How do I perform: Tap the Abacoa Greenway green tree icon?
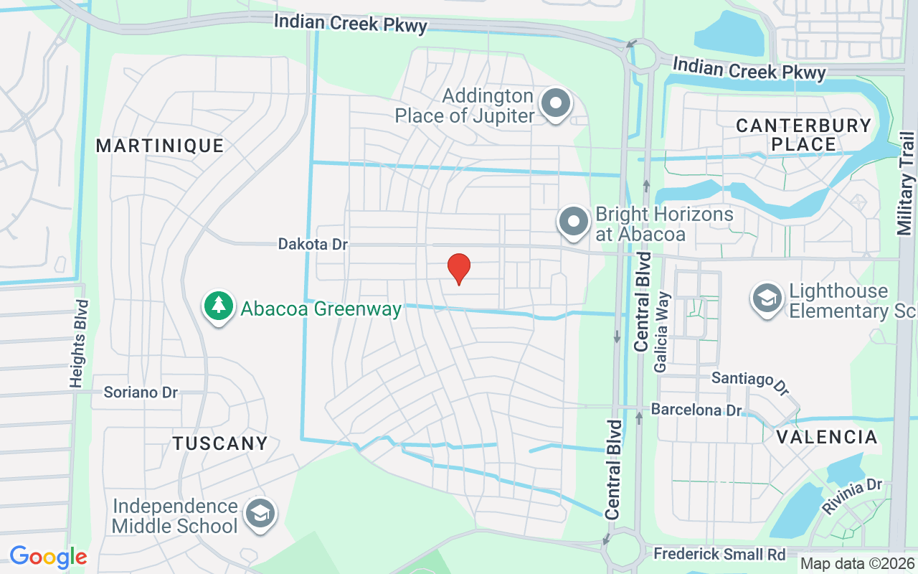pos(219,307)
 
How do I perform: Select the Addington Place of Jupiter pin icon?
pos(555,104)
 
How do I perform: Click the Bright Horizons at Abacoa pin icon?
pos(574,222)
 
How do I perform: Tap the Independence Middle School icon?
pos(260,514)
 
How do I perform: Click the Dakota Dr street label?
pos(313,245)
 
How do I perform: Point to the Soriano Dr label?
pos(141,392)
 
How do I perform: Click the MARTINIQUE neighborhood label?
pos(160,146)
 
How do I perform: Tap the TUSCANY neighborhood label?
pos(220,443)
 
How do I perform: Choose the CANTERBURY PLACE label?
pos(804,135)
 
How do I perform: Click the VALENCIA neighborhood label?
pos(827,437)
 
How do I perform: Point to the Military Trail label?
pos(905,183)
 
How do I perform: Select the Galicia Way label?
pos(661,331)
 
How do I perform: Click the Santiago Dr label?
pos(750,381)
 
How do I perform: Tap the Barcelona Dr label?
pos(696,410)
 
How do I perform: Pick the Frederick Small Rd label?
pos(719,554)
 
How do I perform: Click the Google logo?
pos(48,556)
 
